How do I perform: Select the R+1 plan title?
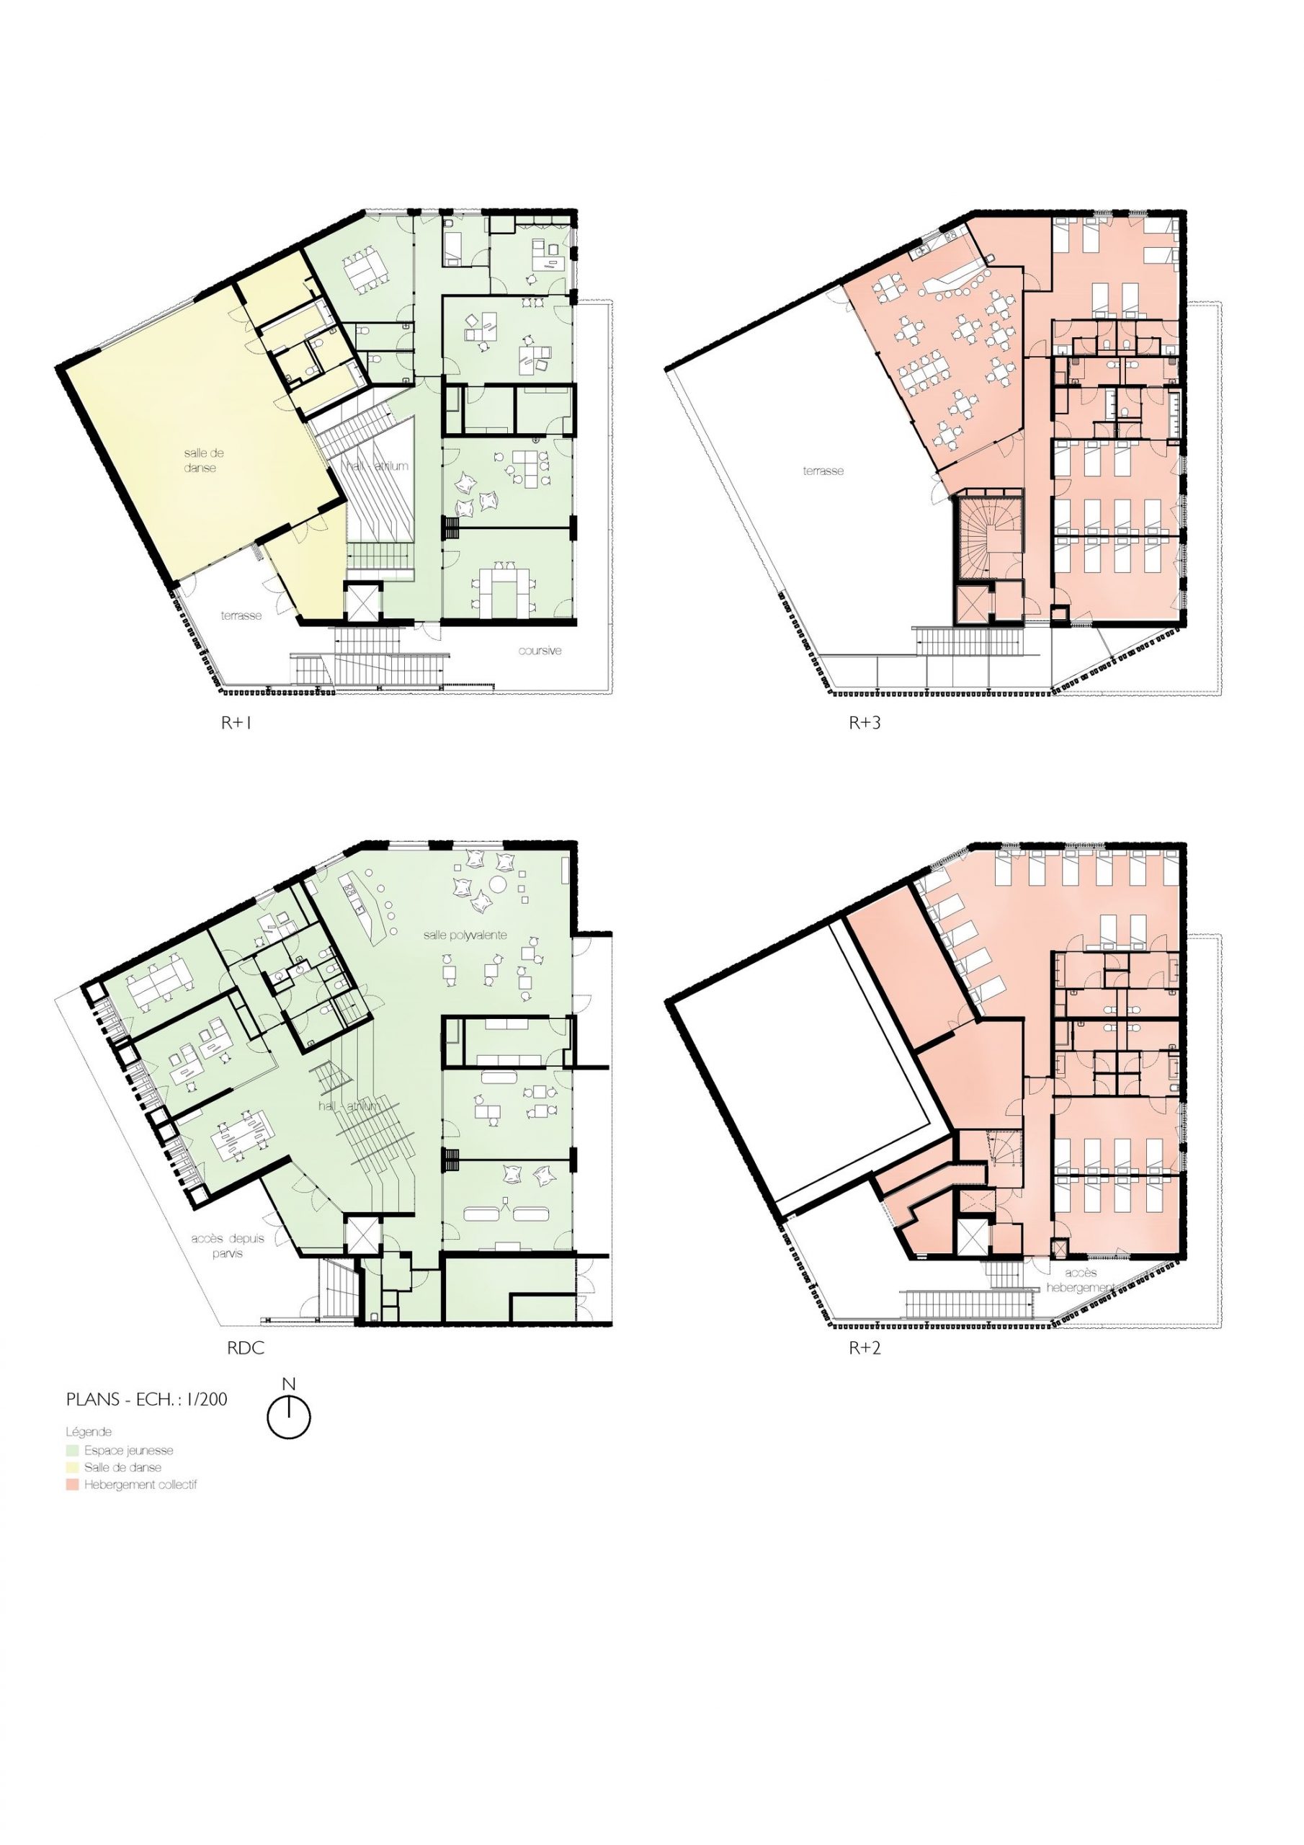pos(237,722)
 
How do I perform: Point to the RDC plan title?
pos(246,1348)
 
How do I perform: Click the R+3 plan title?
pos(865,722)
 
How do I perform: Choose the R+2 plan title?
pos(865,1348)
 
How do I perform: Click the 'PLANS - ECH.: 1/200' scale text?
pos(147,1399)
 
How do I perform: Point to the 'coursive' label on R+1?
pos(540,650)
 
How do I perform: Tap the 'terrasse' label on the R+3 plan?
pos(823,471)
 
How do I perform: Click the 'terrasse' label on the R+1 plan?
pos(242,615)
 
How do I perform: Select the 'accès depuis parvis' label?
pos(228,1245)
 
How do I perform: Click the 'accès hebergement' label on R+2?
pos(1081,1280)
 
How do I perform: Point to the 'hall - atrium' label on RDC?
pos(348,1106)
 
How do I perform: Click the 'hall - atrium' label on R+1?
pos(378,466)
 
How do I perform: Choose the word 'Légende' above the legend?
pos(89,1432)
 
